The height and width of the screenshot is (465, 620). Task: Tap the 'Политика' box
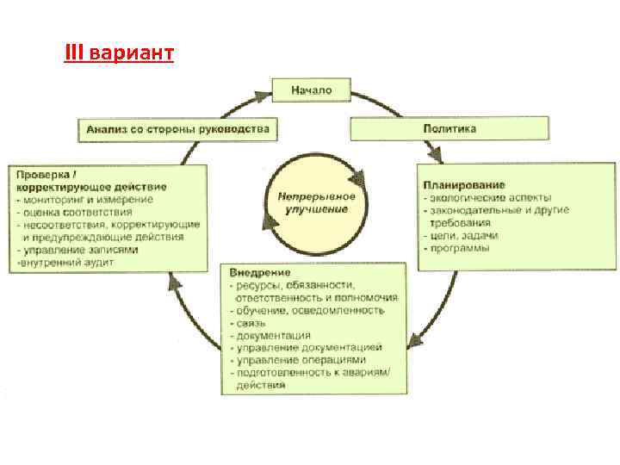click(449, 129)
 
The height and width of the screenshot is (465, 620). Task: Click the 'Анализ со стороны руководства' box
click(177, 130)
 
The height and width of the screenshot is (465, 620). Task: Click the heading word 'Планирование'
click(463, 185)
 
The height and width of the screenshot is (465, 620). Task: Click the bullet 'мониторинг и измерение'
click(87, 200)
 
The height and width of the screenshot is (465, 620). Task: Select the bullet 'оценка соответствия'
click(80, 212)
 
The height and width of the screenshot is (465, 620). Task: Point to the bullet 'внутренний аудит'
click(62, 261)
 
